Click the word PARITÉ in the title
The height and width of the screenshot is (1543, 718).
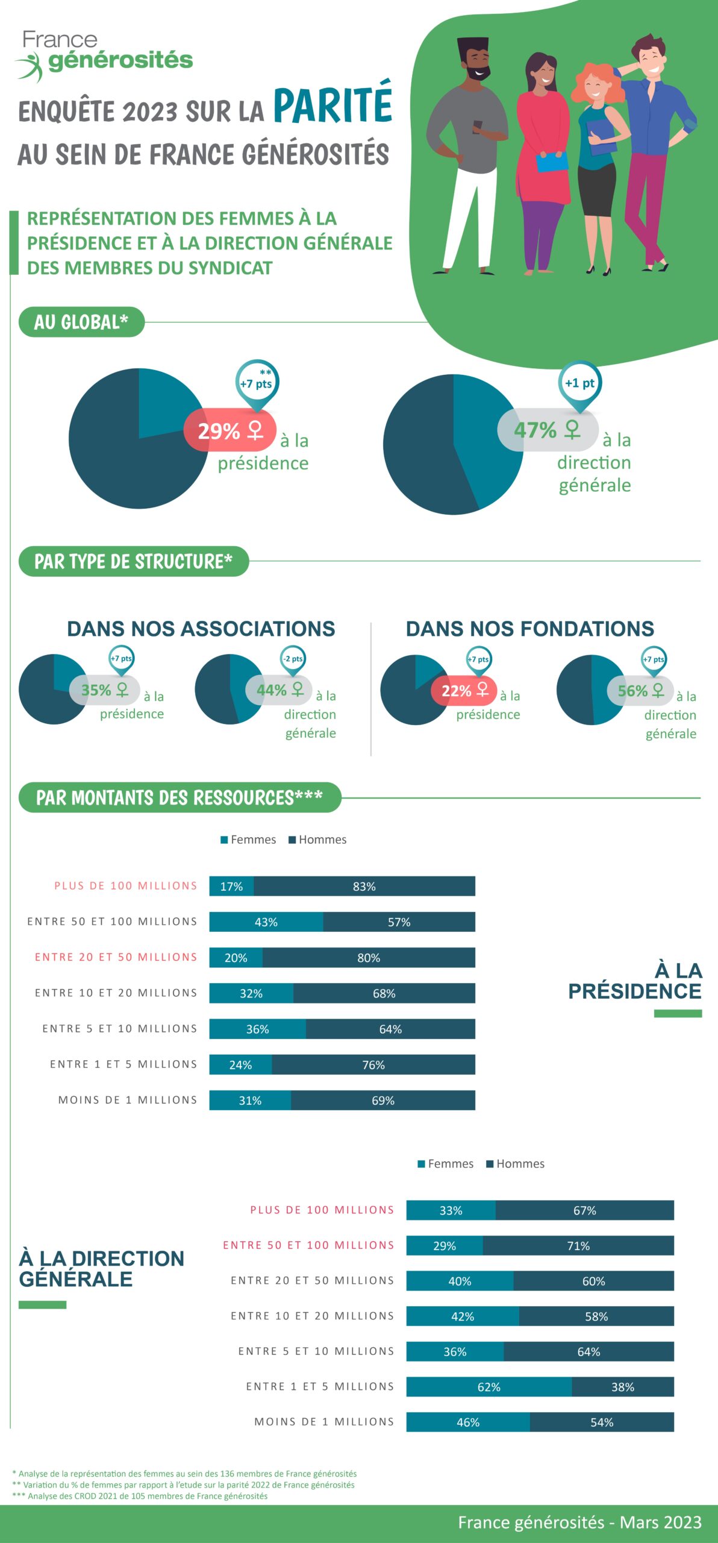[333, 105]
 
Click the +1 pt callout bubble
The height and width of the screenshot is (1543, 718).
[579, 383]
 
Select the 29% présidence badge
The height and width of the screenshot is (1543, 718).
[229, 430]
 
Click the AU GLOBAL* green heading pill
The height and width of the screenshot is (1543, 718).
[81, 322]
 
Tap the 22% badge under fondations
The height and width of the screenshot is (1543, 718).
[464, 691]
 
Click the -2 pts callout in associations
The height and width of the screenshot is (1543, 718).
[293, 659]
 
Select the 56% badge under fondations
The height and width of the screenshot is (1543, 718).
[640, 691]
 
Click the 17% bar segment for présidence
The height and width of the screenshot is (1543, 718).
[231, 887]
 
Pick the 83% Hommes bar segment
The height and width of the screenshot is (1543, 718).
[364, 887]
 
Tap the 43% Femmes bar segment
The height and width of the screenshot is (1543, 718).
[266, 922]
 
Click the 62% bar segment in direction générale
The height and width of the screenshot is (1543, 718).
[489, 1387]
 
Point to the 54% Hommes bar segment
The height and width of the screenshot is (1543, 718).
[601, 1422]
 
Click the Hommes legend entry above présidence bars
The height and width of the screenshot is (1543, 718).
[317, 840]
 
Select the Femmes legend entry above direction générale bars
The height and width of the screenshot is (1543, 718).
[446, 1164]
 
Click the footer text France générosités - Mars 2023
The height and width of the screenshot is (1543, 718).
[579, 1523]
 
